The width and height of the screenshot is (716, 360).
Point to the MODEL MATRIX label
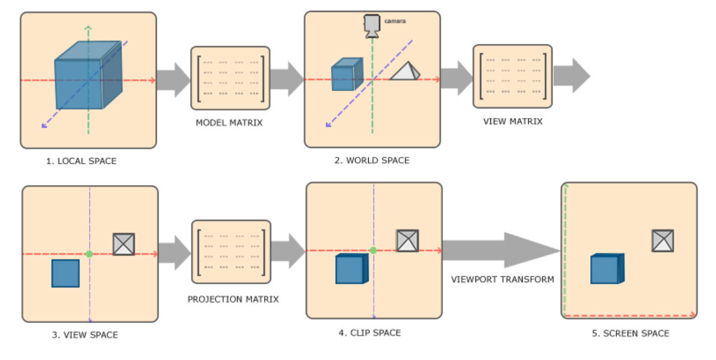tap(229, 123)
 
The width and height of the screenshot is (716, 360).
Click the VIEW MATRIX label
tap(512, 121)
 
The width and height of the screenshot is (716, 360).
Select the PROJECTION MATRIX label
tap(233, 299)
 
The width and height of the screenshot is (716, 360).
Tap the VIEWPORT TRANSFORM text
tap(502, 279)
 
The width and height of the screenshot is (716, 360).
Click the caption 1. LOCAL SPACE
tap(81, 161)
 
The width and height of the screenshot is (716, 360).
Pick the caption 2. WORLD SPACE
tap(372, 161)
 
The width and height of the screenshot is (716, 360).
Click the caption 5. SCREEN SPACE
tap(630, 333)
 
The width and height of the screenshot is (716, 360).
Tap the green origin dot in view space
tap(89, 254)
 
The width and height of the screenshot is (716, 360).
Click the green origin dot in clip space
tap(373, 250)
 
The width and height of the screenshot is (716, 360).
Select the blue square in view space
tap(65, 273)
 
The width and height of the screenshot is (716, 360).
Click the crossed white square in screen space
tap(663, 240)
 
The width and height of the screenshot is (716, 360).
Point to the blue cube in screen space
tap(606, 268)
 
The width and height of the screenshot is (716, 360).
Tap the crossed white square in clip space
tap(407, 240)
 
